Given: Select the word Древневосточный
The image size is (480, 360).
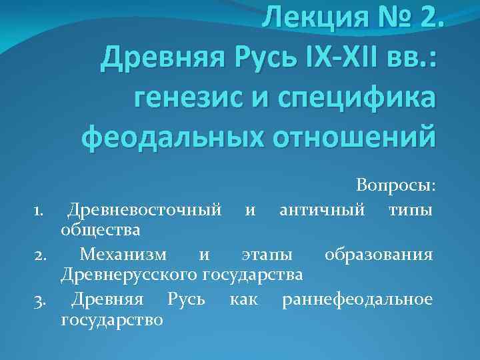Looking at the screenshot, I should tap(145, 211).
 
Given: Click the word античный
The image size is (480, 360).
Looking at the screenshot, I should tap(322, 211).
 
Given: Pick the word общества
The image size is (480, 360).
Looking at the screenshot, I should tap(100, 231).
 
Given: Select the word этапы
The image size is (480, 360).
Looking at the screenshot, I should tap(265, 255).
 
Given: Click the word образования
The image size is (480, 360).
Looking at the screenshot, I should tap(378, 255).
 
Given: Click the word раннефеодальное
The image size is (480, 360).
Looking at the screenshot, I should tap(357, 299).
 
